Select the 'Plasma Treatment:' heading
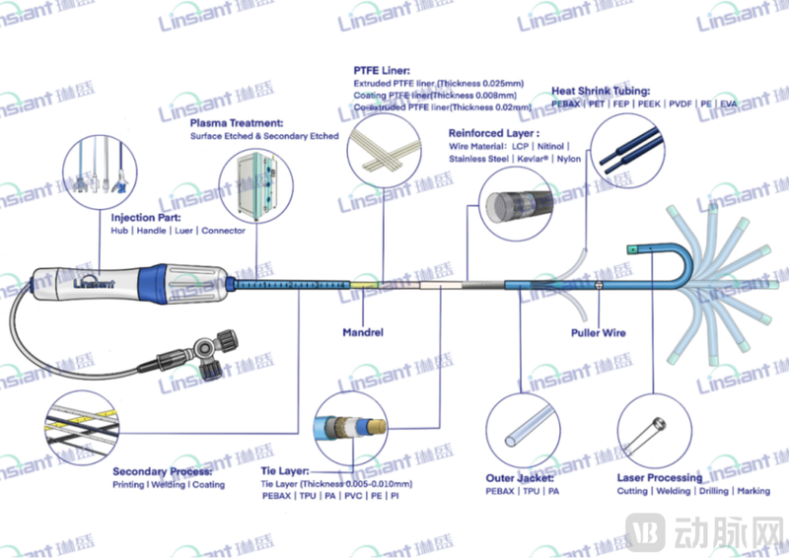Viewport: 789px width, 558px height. [x=232, y=123]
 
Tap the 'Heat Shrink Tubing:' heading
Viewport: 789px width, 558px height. [x=601, y=91]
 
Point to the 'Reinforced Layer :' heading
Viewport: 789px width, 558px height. [x=493, y=132]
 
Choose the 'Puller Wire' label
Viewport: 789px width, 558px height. [x=599, y=333]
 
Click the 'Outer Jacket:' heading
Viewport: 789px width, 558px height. [x=519, y=478]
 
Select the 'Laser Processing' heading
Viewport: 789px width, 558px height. [x=659, y=478]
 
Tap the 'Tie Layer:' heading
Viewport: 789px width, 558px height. [x=284, y=471]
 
